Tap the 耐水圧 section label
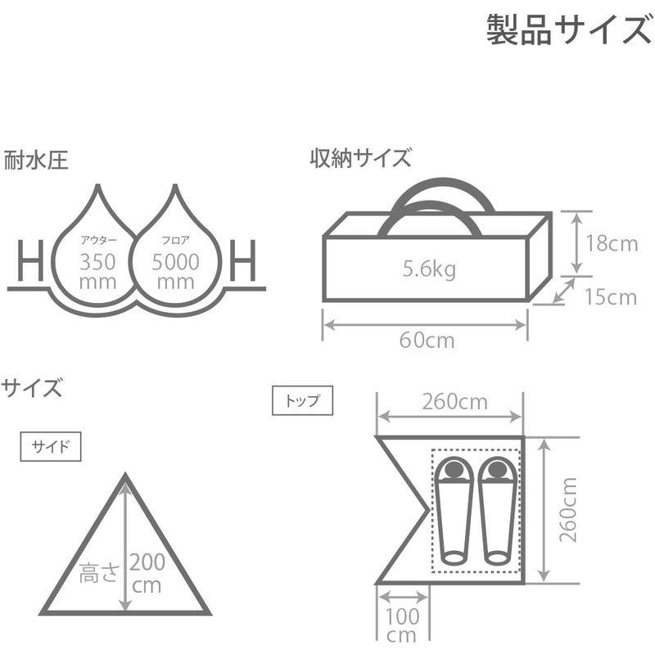[35, 159]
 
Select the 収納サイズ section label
[360, 157]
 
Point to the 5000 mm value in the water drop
[174, 271]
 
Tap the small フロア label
[174, 242]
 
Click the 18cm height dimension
[612, 244]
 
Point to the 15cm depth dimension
[611, 296]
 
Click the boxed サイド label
[51, 447]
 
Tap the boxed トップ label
[302, 401]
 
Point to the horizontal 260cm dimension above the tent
[454, 402]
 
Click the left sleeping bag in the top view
[453, 509]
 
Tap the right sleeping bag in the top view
[497, 509]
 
